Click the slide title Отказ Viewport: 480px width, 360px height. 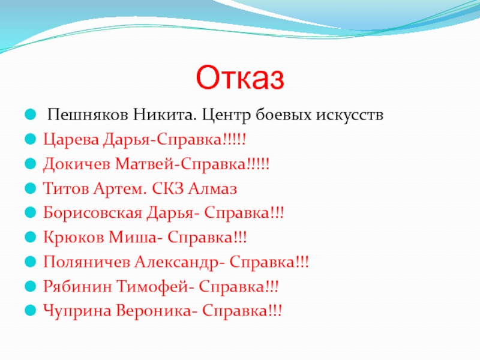(240, 77)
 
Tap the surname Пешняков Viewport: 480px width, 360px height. (88, 115)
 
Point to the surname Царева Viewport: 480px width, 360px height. (71, 140)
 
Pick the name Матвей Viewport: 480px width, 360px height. (144, 164)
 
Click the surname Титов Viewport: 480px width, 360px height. (66, 188)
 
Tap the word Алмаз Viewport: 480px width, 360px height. (212, 188)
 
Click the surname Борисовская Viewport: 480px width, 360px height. (92, 213)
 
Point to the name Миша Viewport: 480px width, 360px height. (133, 238)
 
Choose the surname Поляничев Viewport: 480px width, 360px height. (86, 262)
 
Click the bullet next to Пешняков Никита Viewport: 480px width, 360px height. (31, 115)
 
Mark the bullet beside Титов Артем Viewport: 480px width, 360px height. (31, 188)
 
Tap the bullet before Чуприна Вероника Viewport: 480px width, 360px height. (31, 311)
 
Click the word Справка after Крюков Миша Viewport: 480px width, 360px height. (200, 238)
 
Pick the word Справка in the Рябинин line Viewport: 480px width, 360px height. (232, 287)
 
